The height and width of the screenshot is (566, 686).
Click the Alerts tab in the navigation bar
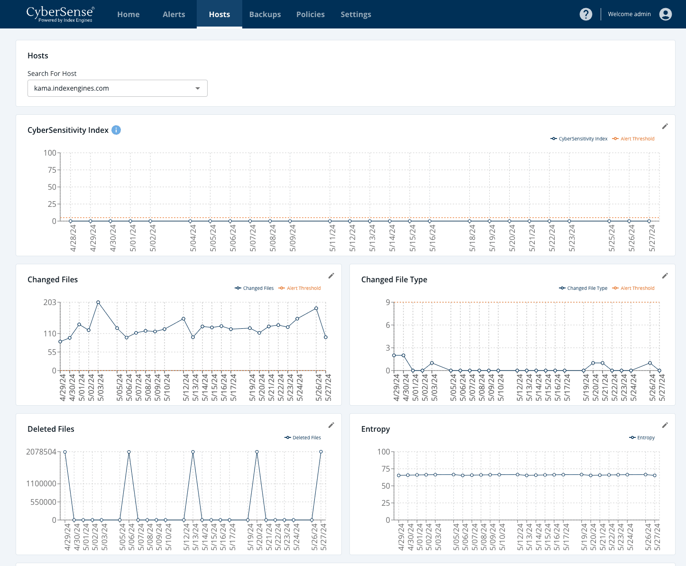tap(174, 14)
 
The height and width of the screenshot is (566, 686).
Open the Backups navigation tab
tap(265, 14)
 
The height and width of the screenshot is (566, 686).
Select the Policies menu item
tap(310, 14)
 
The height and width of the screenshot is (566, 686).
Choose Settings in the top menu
tap(356, 14)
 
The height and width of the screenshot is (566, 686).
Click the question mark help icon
tap(585, 14)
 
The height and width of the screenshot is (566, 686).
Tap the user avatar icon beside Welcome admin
tap(665, 14)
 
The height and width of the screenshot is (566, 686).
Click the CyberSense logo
tap(60, 14)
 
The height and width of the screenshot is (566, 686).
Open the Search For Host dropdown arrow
tap(198, 88)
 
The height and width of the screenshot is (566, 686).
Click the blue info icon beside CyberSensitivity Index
tap(116, 130)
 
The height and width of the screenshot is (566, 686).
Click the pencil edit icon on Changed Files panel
tap(331, 276)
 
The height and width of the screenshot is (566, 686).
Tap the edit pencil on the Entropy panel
tap(665, 425)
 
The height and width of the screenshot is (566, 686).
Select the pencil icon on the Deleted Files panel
tap(331, 425)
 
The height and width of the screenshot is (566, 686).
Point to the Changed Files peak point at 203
tap(98, 302)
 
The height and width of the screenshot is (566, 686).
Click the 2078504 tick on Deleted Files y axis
tap(41, 452)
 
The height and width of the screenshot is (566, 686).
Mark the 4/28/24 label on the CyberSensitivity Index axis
tap(73, 238)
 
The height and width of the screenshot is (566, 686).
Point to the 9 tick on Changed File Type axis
tap(388, 302)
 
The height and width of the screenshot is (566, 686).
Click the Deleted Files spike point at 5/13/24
tap(193, 452)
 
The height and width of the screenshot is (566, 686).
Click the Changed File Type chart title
tap(394, 279)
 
